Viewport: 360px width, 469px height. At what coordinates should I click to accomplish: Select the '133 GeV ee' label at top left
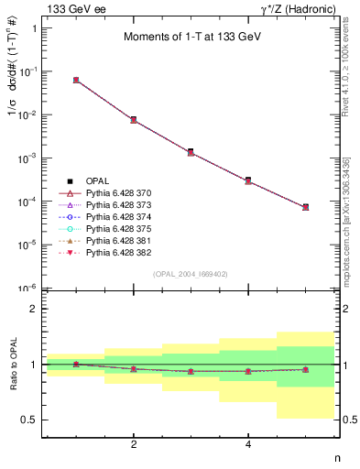pyautogui.click(x=71, y=8)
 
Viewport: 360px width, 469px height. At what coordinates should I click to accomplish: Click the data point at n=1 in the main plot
pyautogui.click(x=76, y=81)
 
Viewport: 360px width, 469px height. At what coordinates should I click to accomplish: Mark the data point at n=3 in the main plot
pyautogui.click(x=191, y=152)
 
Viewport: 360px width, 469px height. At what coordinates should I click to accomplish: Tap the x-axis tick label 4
pyautogui.click(x=248, y=444)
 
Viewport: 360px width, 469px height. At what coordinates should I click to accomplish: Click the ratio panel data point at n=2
pyautogui.click(x=134, y=369)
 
